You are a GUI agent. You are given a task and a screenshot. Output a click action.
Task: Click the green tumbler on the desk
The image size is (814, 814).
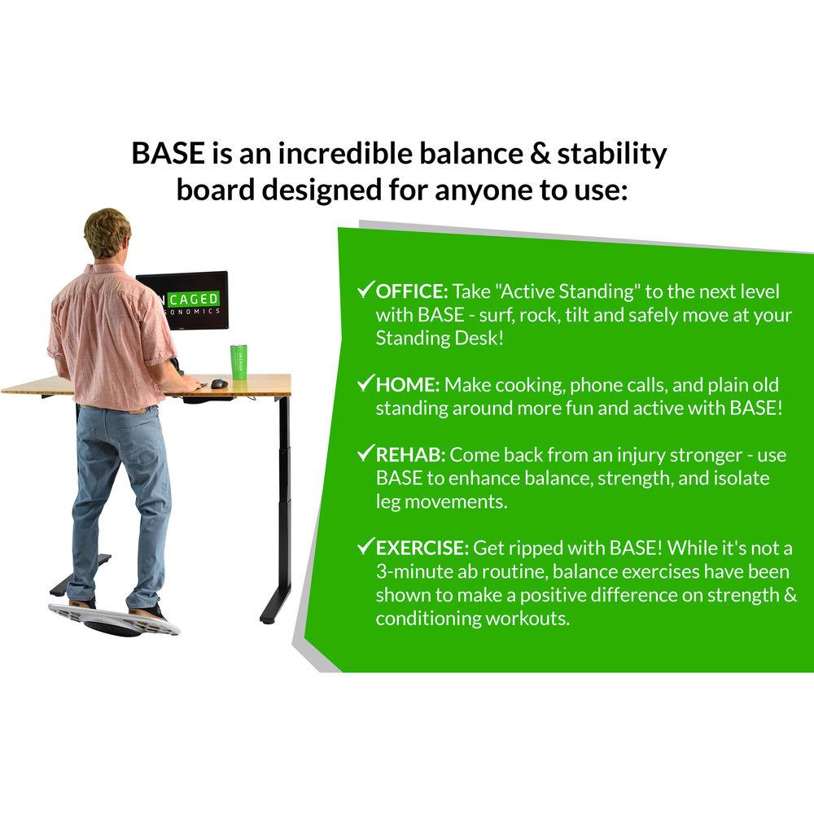238,361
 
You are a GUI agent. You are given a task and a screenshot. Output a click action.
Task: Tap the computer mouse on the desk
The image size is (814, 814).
219,383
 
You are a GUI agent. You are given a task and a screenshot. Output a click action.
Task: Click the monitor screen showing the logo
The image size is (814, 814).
182,300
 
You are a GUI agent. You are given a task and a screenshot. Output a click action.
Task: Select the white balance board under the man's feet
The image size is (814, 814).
114,619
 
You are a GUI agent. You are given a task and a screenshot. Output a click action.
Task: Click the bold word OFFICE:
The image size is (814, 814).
412,291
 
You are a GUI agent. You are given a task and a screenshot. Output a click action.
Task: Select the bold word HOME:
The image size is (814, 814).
408,384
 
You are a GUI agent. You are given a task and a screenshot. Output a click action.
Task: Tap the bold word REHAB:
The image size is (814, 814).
411,454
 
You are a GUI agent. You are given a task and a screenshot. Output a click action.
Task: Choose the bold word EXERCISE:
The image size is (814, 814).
422,548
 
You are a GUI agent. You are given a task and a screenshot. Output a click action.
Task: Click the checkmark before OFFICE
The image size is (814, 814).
365,290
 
